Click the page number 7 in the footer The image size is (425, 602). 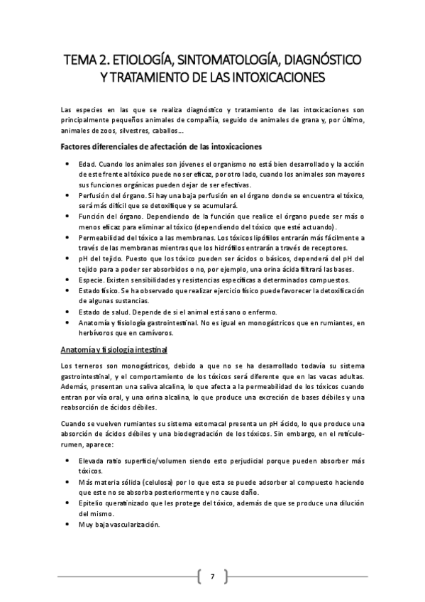click(212, 575)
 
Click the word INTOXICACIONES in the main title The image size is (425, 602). click(276, 75)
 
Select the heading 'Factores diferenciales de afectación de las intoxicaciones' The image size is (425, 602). click(161, 147)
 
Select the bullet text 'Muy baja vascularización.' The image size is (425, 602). click(119, 525)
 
